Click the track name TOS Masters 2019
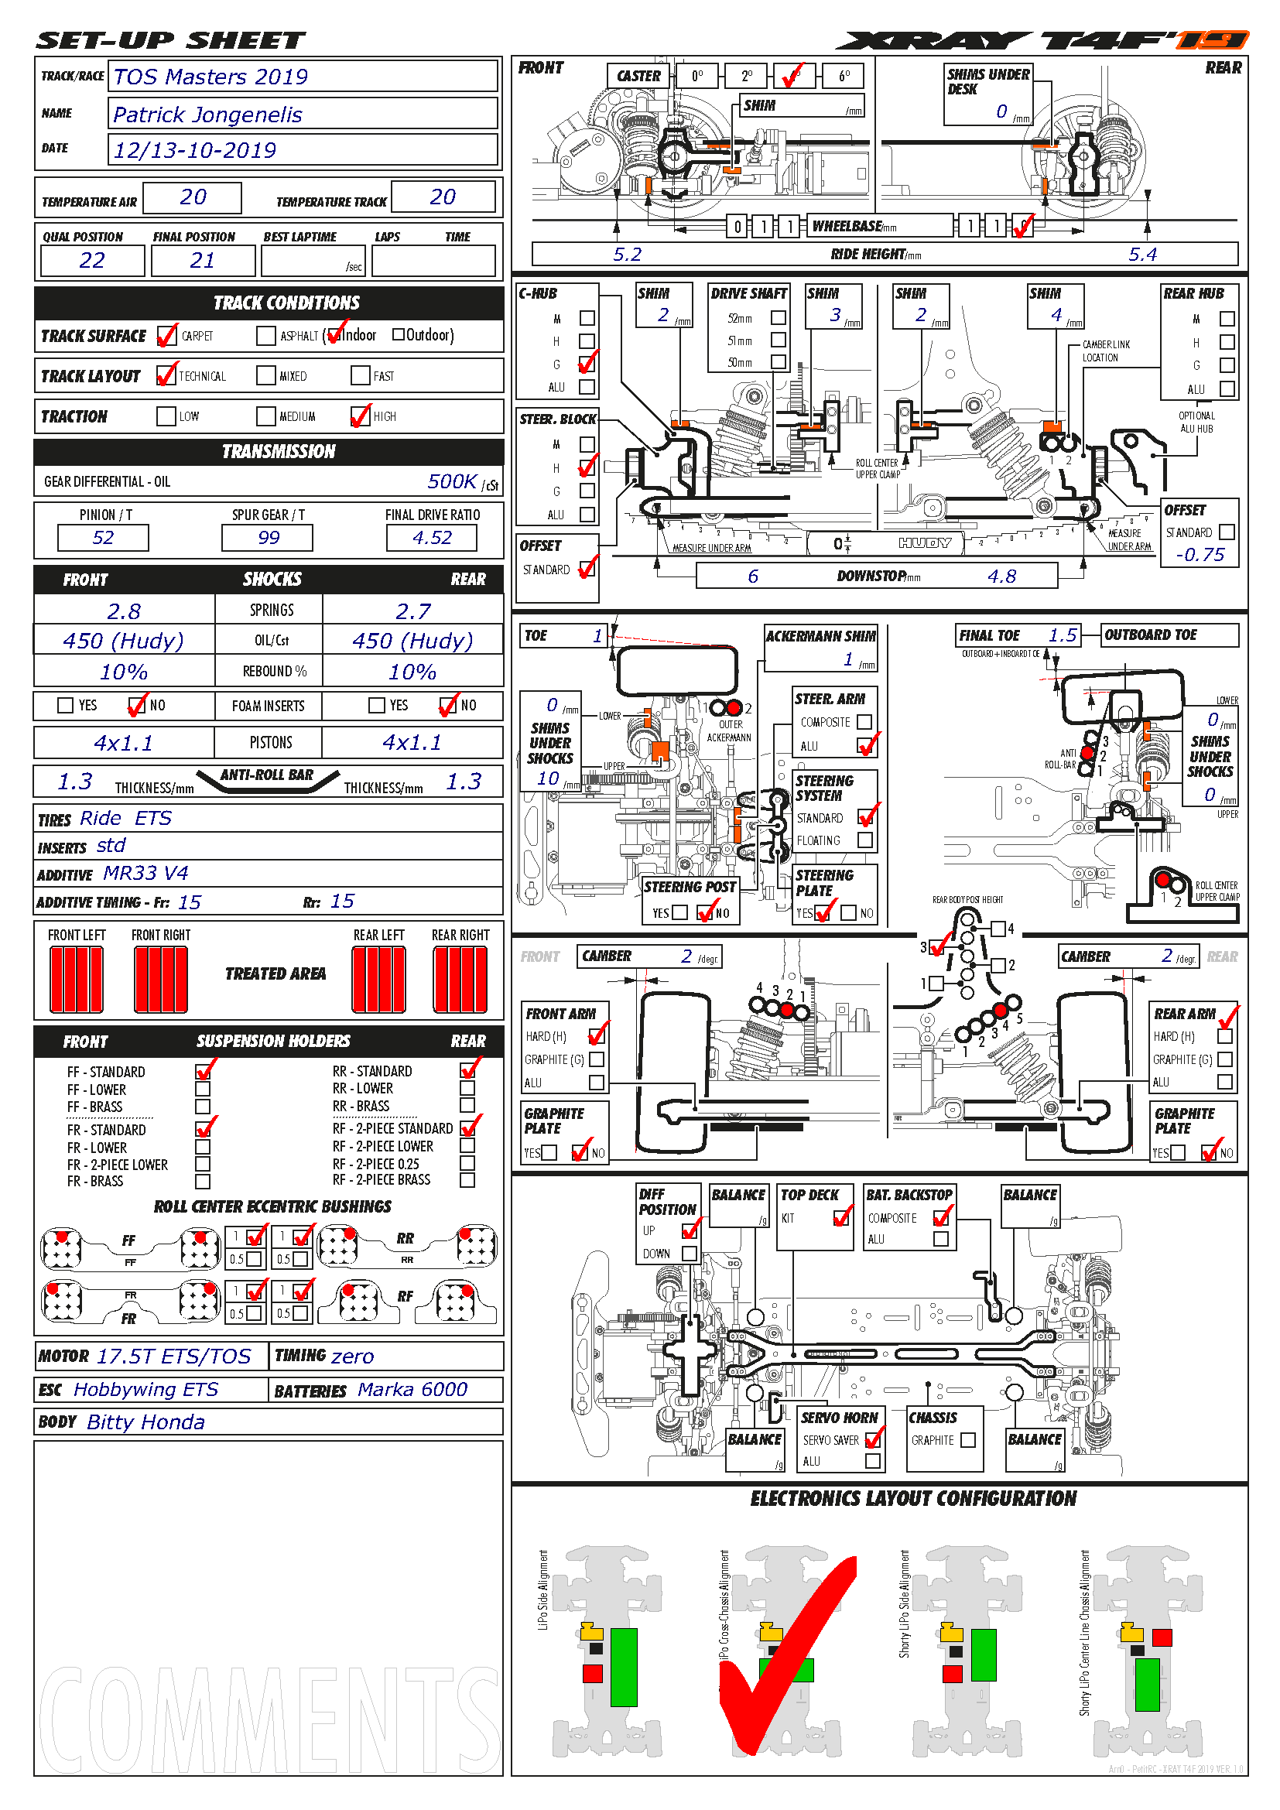[x=210, y=77]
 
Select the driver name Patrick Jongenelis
[x=207, y=115]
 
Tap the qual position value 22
[x=92, y=260]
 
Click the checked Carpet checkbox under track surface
[x=166, y=336]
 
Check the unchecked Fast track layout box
[x=360, y=376]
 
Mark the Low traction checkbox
[x=166, y=416]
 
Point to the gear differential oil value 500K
[x=453, y=481]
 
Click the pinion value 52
[x=103, y=538]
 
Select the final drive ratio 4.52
[x=432, y=538]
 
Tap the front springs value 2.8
[x=124, y=611]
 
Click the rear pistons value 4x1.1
[x=412, y=742]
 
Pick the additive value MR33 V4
[x=145, y=873]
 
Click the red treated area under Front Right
[x=161, y=979]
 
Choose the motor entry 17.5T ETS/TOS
[x=173, y=1356]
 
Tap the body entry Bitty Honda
[x=145, y=1422]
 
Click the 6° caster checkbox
[x=844, y=77]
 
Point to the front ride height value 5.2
[x=628, y=254]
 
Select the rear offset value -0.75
[x=1200, y=555]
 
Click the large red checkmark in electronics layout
[x=788, y=1655]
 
